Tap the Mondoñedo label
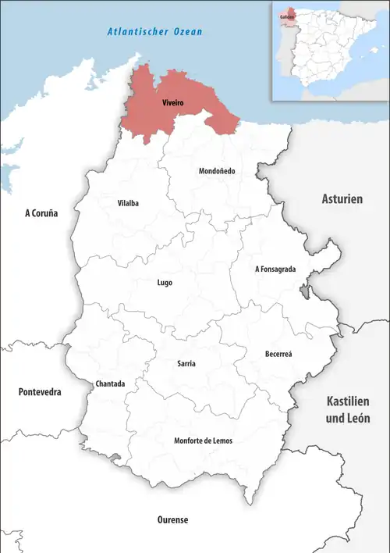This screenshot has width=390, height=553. click(217, 170)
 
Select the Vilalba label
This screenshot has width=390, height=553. click(128, 203)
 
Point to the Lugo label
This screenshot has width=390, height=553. click(164, 283)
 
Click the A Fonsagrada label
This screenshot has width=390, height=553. click(275, 269)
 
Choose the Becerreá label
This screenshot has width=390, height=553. click(278, 354)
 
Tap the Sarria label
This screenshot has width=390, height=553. click(186, 364)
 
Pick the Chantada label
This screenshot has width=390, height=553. click(109, 384)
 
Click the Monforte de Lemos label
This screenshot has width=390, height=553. click(203, 441)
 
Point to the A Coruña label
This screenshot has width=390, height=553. click(41, 212)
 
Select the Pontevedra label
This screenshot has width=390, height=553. click(40, 391)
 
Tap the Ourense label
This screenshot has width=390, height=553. click(170, 519)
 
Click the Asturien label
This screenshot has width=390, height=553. click(342, 199)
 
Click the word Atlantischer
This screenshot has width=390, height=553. click(134, 33)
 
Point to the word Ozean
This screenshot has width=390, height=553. click(188, 33)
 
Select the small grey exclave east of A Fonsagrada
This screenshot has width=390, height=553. click(303, 292)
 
